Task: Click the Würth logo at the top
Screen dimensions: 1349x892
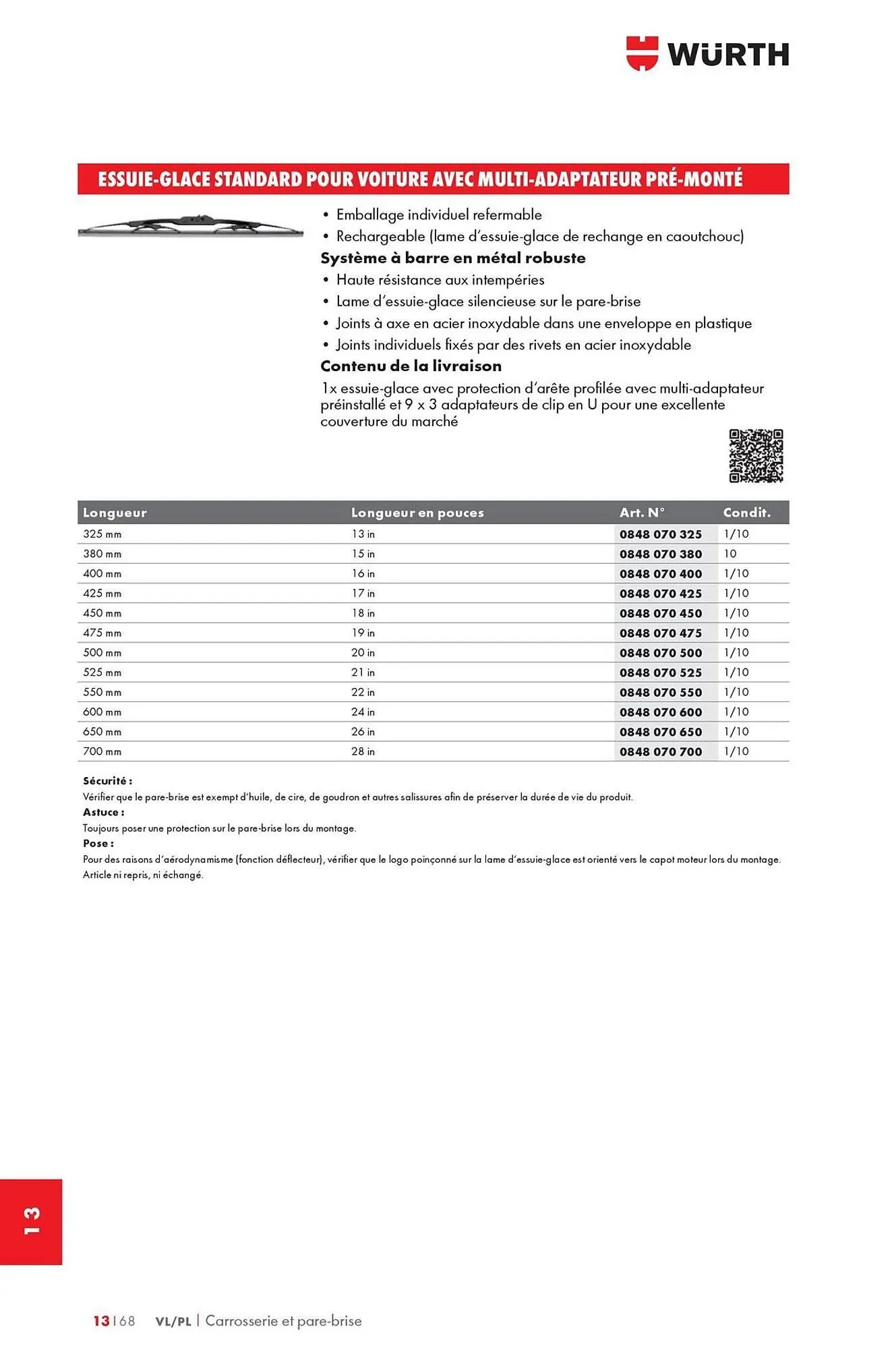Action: [x=707, y=54]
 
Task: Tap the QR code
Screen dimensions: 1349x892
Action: [x=755, y=456]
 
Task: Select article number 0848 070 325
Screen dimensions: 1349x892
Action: [x=660, y=534]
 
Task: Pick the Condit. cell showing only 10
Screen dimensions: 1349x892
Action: [x=730, y=554]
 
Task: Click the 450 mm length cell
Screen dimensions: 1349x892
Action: [x=102, y=613]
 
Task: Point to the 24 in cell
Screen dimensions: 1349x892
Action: [x=363, y=712]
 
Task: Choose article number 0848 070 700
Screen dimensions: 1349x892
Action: [x=660, y=751]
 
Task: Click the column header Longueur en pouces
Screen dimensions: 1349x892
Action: [x=417, y=513]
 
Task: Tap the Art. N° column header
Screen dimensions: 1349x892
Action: [x=642, y=513]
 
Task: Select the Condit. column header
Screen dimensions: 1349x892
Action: [x=746, y=513]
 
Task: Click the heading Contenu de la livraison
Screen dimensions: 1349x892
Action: [x=411, y=366]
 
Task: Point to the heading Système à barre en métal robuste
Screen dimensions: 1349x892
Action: [x=452, y=258]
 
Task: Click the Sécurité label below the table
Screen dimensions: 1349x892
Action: [x=107, y=781]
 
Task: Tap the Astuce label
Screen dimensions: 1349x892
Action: [x=103, y=812]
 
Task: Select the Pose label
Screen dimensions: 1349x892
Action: [x=98, y=843]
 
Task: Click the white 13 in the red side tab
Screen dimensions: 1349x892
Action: [x=32, y=1222]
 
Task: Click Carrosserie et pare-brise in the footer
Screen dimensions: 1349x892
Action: [x=283, y=1321]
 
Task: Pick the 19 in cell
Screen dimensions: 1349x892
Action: [x=363, y=633]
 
